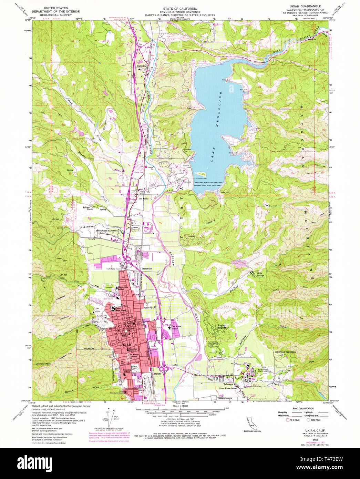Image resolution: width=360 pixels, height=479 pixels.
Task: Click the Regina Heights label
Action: coord(223,327)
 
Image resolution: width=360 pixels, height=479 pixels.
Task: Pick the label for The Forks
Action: coord(143,199)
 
